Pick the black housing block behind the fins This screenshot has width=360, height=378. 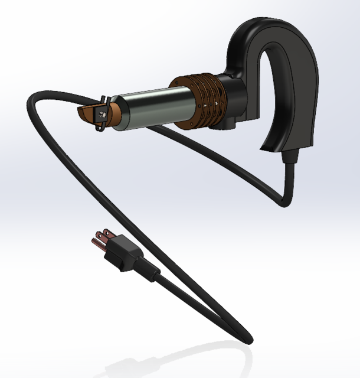pos(236,94)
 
